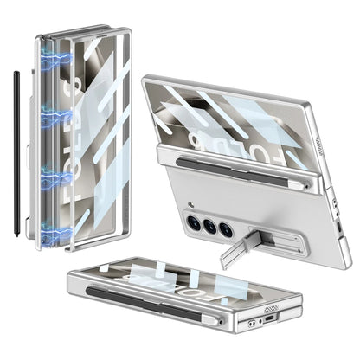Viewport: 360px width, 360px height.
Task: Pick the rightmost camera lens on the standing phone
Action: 225,230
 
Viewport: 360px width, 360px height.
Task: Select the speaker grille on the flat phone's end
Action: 271,308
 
